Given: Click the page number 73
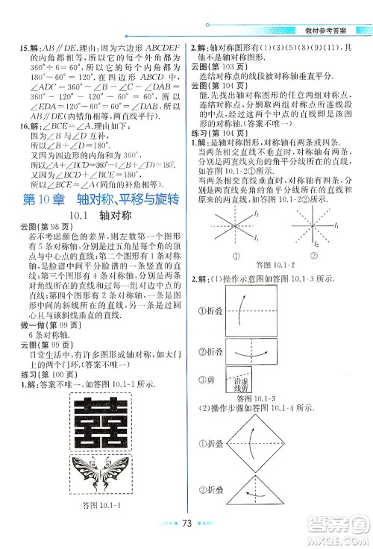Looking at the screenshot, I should coord(189,523).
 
